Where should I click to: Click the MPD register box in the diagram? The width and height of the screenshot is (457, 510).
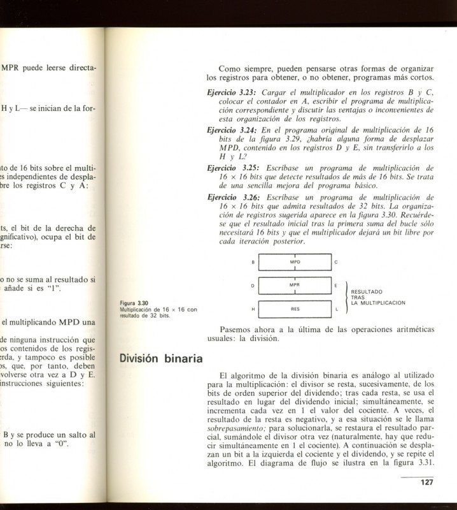pos(295,262)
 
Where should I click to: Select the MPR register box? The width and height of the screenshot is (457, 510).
pos(295,285)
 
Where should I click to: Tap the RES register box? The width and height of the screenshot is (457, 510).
pos(295,309)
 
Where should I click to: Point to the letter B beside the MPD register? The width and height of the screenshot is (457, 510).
pos(253,263)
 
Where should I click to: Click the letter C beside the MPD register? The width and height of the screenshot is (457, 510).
pos(336,263)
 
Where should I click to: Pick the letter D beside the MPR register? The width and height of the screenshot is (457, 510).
pos(253,286)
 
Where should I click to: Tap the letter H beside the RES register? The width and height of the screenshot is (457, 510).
pos(253,309)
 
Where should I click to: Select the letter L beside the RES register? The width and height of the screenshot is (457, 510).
pos(336,309)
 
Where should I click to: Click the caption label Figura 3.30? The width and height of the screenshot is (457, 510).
pos(134,303)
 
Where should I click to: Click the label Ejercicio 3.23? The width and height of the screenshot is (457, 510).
pos(232,94)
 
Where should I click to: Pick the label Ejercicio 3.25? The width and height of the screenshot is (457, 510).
pos(232,168)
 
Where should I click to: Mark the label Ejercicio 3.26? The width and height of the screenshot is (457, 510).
pos(232,198)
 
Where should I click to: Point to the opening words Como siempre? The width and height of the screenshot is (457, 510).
pos(242,68)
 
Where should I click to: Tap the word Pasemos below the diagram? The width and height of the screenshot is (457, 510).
pos(236,330)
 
